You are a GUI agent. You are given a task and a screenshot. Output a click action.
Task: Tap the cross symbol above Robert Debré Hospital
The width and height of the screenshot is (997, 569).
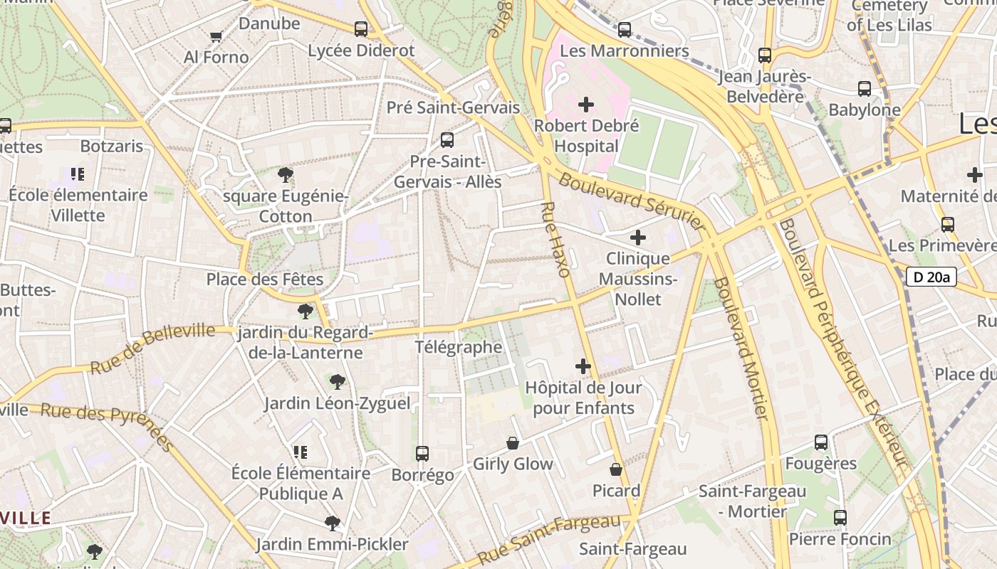tap(586, 105)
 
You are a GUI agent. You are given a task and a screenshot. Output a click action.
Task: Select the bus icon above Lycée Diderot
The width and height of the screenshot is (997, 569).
tap(361, 29)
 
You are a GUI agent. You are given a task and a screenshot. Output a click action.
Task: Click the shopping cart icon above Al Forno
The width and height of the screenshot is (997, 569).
tap(216, 36)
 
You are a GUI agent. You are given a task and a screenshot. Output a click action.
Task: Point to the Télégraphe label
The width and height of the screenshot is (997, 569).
tap(459, 347)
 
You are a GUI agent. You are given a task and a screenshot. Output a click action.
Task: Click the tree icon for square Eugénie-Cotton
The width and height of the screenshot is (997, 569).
tap(286, 174)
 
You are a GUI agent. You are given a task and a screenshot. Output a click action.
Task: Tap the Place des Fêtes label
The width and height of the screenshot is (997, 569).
tap(265, 279)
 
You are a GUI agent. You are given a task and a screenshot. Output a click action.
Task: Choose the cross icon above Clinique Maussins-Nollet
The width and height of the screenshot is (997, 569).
tap(638, 238)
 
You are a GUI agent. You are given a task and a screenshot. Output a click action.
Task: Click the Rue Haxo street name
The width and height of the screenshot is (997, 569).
tap(555, 239)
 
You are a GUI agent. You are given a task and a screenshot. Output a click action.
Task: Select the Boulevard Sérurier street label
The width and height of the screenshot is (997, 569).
tap(631, 201)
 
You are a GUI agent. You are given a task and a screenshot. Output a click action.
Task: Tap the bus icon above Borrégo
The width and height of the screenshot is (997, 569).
tap(422, 453)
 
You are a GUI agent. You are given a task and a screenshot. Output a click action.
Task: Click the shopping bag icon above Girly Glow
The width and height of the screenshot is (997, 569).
tap(513, 443)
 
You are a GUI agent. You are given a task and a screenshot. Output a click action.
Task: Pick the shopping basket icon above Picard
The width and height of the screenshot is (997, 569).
tap(616, 469)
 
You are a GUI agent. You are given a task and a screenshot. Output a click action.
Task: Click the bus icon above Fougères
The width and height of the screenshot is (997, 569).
tap(821, 442)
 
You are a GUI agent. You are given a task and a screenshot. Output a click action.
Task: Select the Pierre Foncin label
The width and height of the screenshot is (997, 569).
tap(840, 539)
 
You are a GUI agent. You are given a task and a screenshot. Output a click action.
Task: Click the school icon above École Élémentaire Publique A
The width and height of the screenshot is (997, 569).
tap(301, 452)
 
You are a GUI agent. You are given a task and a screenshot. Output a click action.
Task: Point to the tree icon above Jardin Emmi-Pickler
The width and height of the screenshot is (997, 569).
tap(332, 523)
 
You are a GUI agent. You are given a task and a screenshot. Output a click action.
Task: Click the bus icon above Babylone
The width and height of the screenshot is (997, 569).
tap(865, 89)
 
